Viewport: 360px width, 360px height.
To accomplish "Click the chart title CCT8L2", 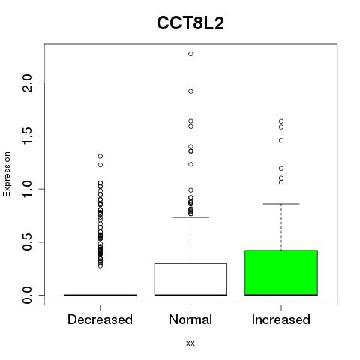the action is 190,23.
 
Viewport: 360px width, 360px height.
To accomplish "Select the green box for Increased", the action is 281,273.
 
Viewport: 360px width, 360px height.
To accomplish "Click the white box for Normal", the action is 190,279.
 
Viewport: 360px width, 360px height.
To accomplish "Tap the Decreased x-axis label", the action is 100,319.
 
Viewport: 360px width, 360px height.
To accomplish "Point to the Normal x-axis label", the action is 190,319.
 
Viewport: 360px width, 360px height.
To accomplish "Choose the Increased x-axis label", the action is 281,319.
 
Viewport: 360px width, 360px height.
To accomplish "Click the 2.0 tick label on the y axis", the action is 28,83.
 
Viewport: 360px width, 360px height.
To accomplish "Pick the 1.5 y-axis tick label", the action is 28,136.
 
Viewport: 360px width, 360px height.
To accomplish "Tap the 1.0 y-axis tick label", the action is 28,189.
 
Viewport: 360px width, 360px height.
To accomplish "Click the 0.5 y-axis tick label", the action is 28,242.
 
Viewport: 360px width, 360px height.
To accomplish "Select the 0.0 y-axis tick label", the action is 28,295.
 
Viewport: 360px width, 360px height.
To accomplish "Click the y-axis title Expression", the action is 7,174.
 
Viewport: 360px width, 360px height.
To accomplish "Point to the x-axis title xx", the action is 190,343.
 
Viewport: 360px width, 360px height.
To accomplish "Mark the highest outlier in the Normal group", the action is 190,54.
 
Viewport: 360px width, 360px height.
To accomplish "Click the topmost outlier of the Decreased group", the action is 100,157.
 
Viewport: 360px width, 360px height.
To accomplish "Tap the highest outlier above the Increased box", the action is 281,121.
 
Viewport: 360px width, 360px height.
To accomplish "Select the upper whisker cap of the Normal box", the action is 190,217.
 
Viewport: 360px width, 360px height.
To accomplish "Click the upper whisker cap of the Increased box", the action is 281,204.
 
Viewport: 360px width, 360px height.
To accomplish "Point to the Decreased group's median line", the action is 100,295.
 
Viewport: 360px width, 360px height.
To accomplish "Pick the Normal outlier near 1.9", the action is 190,91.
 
